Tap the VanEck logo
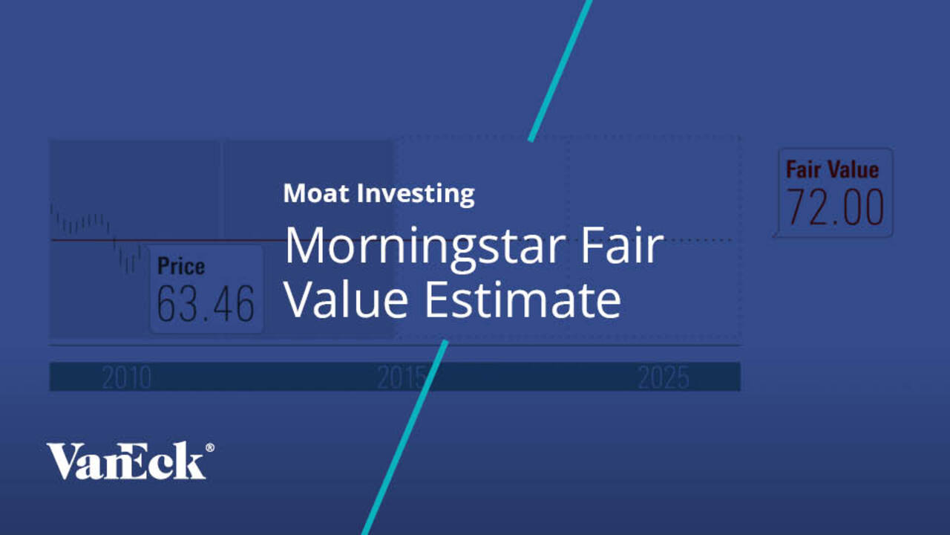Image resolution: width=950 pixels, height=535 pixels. point(126,461)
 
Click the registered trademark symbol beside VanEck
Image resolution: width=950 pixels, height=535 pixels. point(210,447)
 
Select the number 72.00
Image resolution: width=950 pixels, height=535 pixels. point(835,209)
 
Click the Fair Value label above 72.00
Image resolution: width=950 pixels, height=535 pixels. point(832,169)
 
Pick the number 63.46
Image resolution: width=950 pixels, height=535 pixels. point(206,304)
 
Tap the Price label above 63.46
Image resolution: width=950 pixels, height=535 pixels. point(181,266)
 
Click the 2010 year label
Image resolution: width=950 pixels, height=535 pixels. point(126,378)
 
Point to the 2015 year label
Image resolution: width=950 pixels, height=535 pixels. point(402,378)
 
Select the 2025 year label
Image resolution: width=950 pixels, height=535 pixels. point(663,378)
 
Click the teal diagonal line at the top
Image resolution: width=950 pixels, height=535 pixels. point(560,71)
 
